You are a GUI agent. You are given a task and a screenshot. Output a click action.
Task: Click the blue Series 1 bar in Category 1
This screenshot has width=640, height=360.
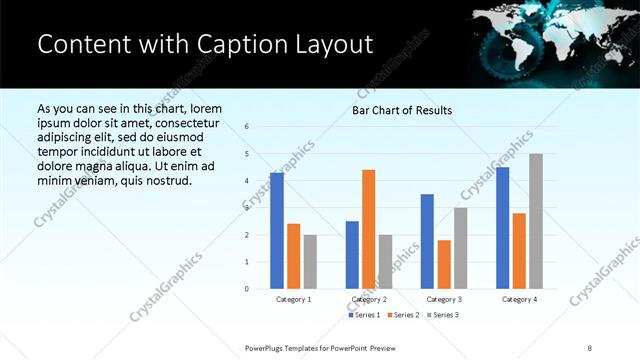point(277,231)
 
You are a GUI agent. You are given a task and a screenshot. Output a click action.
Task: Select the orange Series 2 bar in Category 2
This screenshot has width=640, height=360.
point(369,229)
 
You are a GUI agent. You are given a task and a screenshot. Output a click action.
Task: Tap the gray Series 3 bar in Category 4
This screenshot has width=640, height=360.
point(536,221)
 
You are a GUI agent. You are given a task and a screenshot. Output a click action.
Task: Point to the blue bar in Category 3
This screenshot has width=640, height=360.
point(427,241)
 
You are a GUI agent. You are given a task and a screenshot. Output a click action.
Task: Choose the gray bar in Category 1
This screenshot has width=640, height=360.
point(310,262)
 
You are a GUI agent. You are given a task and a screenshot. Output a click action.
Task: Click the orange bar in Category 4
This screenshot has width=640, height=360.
point(519,251)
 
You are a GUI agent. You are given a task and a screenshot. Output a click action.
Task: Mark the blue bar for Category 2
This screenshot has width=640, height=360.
point(352,255)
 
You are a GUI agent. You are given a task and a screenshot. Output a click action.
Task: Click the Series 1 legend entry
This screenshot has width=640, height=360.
point(364,315)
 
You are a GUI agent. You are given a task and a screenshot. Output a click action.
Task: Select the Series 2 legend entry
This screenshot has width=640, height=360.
point(402,315)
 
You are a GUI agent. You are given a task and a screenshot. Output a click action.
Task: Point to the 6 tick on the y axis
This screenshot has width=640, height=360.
point(246,127)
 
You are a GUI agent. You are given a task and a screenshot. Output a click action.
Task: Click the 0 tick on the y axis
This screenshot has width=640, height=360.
point(246,289)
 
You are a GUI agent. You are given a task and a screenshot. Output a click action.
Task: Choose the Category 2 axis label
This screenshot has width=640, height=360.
point(369,299)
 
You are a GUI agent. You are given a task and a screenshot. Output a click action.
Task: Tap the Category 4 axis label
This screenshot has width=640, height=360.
point(519,299)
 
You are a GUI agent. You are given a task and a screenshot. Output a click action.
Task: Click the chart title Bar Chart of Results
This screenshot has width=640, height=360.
point(402,110)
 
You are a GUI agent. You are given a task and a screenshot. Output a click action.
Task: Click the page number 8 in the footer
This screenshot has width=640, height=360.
point(590,347)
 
